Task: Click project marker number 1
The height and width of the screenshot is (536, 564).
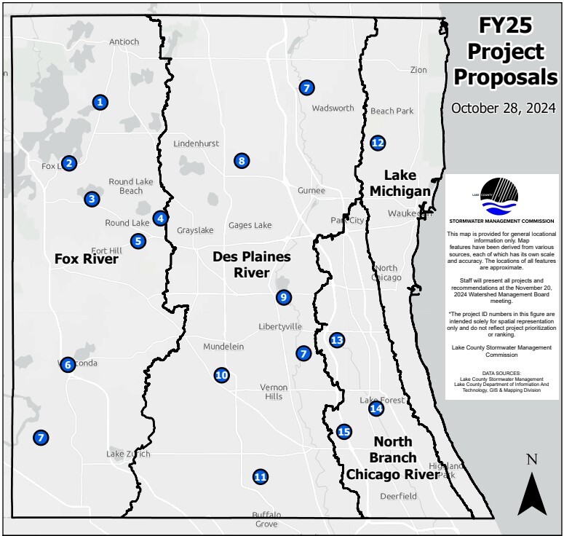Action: click(x=100, y=103)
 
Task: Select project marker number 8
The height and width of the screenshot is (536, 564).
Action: click(x=242, y=161)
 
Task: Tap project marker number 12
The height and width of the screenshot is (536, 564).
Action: click(x=377, y=143)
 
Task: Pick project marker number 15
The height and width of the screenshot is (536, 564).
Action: click(x=344, y=432)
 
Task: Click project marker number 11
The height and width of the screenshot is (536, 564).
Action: click(x=260, y=477)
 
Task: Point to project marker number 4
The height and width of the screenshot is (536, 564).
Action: click(x=161, y=218)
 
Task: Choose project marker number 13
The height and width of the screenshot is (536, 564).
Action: click(x=336, y=339)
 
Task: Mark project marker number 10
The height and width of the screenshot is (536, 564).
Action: click(x=222, y=375)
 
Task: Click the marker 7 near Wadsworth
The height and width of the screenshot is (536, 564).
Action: click(x=306, y=87)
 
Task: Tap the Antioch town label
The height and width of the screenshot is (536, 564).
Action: click(x=124, y=42)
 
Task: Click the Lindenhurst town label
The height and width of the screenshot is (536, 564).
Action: click(x=196, y=143)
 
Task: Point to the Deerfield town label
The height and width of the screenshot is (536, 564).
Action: click(x=398, y=496)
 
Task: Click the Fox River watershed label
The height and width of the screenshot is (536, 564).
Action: click(x=87, y=258)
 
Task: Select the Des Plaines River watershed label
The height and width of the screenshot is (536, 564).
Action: click(x=251, y=264)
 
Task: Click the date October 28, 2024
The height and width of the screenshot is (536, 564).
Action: click(x=503, y=108)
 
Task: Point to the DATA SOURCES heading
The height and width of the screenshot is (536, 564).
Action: click(x=501, y=372)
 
